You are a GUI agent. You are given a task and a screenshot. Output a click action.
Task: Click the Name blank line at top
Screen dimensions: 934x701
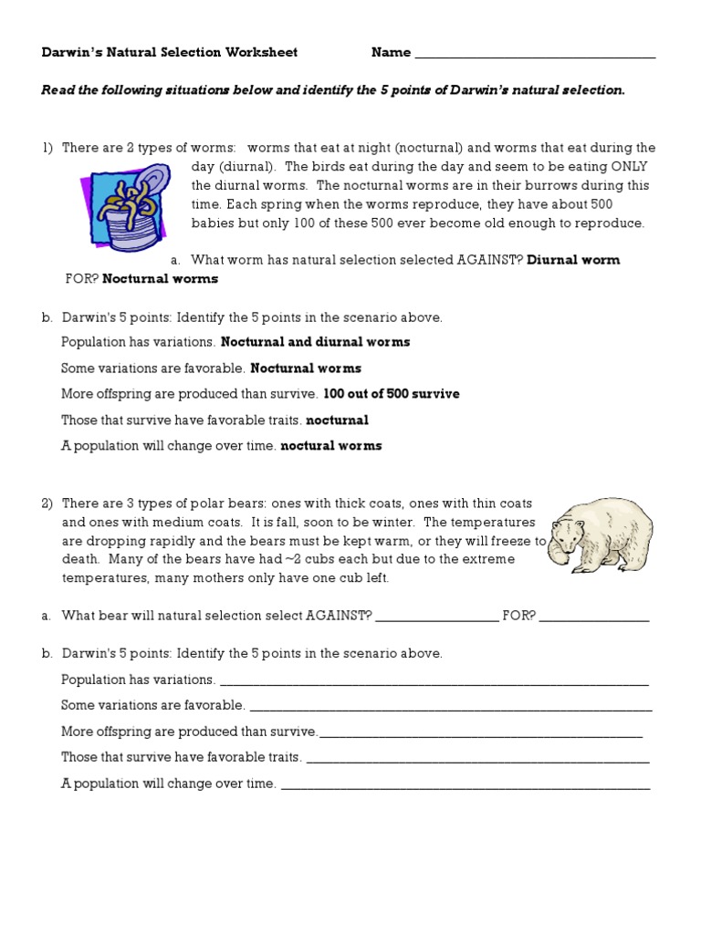(x=535, y=55)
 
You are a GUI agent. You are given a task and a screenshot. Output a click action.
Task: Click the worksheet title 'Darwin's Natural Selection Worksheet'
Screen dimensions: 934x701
(x=170, y=53)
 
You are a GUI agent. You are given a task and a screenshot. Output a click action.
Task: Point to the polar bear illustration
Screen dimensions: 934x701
(x=601, y=534)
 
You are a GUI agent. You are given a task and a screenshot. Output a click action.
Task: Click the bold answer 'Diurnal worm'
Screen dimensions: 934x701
(x=573, y=260)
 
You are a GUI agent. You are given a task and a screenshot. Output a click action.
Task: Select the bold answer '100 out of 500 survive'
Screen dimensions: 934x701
(x=392, y=394)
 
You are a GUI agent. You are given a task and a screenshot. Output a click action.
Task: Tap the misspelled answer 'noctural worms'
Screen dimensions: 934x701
(x=331, y=446)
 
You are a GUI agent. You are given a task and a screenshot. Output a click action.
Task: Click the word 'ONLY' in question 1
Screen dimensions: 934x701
(x=635, y=165)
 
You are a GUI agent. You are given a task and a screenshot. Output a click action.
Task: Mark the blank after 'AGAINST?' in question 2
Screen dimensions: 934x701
(x=437, y=617)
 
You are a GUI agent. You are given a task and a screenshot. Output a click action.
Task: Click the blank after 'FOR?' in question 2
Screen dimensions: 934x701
(x=594, y=617)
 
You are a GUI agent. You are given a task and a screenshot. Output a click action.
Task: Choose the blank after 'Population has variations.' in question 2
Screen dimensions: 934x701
(x=434, y=681)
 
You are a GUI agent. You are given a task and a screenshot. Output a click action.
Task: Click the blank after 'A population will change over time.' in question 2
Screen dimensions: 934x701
(x=466, y=784)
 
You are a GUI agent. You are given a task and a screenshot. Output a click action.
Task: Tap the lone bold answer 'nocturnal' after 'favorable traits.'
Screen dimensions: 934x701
(x=337, y=420)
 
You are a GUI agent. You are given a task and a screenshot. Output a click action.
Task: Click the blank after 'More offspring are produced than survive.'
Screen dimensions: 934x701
(x=481, y=733)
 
